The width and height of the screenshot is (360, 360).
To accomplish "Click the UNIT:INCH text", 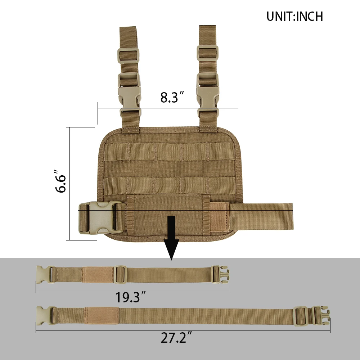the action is (294, 16).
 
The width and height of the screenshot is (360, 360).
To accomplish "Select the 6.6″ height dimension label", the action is (60, 181).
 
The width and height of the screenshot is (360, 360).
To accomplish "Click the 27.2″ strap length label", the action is (176, 338).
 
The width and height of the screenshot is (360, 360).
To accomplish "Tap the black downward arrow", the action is (171, 238).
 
